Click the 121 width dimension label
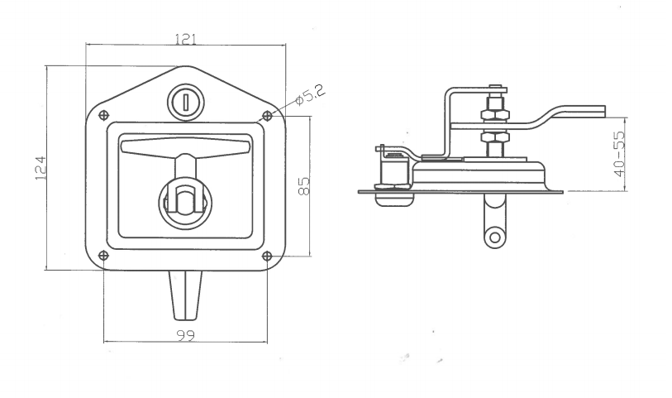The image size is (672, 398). click(185, 39)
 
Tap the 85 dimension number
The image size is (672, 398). click(303, 186)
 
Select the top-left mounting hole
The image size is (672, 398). click(102, 115)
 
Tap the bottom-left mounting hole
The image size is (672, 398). click(102, 256)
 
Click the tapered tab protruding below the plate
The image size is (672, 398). click(185, 294)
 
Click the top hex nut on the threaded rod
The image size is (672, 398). click(496, 108)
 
